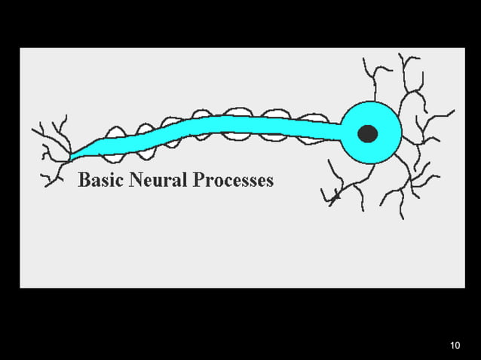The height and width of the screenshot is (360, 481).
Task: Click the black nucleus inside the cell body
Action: pos(367,134)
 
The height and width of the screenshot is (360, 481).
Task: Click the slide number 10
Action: pos(455,346)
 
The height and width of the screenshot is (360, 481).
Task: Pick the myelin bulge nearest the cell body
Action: pos(311,118)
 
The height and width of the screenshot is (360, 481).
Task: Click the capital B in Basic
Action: pos(84,180)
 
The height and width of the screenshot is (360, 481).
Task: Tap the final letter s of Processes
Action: pos(270,182)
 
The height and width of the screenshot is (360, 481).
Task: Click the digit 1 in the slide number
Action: pos(452,346)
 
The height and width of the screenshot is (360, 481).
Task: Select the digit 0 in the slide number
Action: pos(458,346)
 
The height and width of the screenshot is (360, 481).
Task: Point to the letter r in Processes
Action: pos(208,182)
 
